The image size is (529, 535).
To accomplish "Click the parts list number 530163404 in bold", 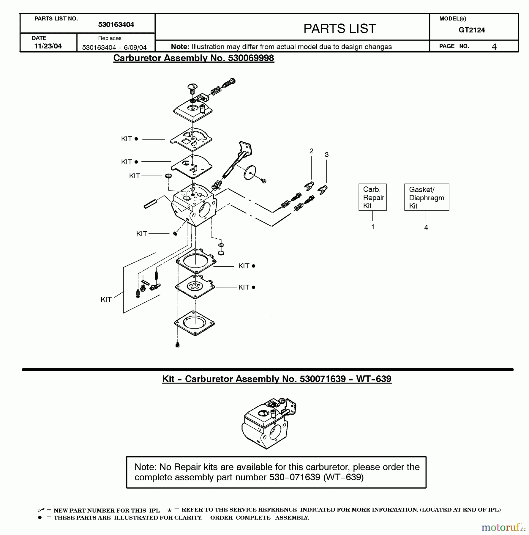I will coord(116,25).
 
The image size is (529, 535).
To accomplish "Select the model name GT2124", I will coord(472,30).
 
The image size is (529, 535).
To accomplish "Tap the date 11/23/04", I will coord(48,46).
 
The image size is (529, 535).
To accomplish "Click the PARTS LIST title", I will coord(339,29).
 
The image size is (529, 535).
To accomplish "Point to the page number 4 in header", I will coord(494,47).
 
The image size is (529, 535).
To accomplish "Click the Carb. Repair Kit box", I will coord(372,197).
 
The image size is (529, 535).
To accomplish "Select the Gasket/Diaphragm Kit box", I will coord(427,197).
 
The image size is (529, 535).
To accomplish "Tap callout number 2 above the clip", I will coord(311,151).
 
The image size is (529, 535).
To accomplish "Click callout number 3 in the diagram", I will coord(326,155).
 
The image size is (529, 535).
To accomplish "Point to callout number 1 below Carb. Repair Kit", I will coord(372,226).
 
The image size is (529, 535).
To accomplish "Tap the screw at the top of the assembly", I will coord(192,87).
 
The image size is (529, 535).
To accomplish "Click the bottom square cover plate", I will coord(195,323).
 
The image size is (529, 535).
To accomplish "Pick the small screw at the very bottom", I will coord(178,345).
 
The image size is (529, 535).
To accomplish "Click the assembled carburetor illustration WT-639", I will coord(269,423).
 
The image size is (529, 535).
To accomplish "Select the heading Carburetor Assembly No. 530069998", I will coord(193,58).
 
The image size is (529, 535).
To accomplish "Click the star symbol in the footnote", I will coord(169,510).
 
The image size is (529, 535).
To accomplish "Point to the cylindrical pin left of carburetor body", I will coord(150,204).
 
